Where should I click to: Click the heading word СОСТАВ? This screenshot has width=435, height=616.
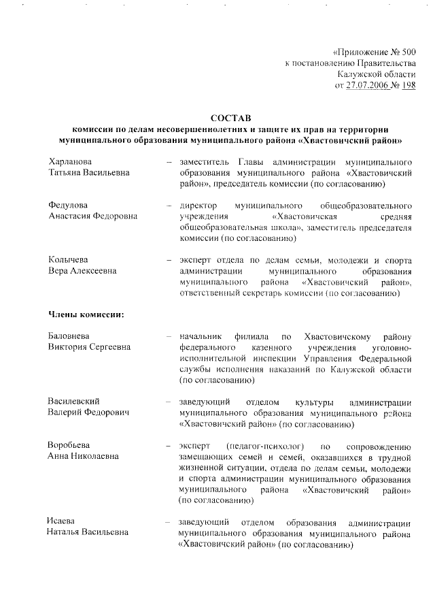(231, 118)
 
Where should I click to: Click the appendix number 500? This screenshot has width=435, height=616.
(406, 52)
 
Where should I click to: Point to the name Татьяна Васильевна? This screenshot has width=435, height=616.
(88, 174)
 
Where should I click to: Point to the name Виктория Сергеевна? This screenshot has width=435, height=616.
(89, 348)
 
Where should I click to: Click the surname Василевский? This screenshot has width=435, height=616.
(73, 402)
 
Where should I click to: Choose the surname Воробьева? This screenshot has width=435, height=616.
(69, 445)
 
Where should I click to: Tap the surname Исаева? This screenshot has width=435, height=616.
(60, 521)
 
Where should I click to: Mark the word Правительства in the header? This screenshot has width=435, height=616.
(385, 63)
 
